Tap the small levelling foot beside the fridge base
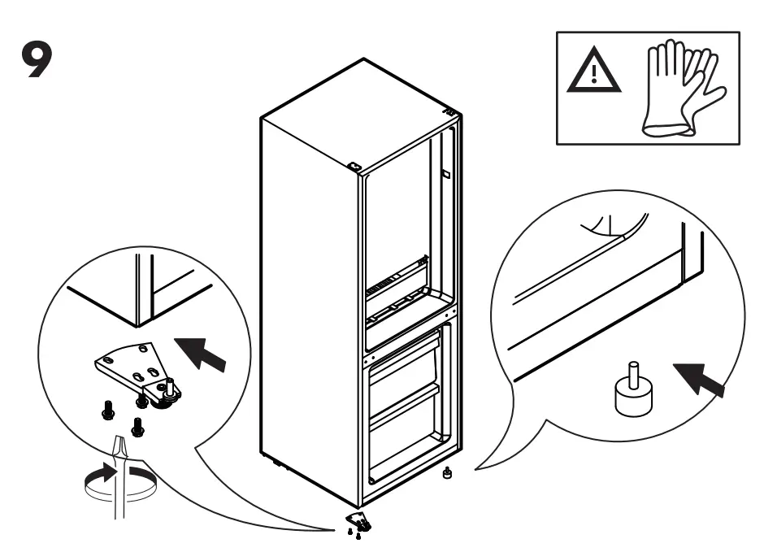point(446,472)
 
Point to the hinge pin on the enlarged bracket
point(171,383)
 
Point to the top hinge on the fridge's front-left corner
point(355,167)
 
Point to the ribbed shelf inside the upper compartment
point(396,280)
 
